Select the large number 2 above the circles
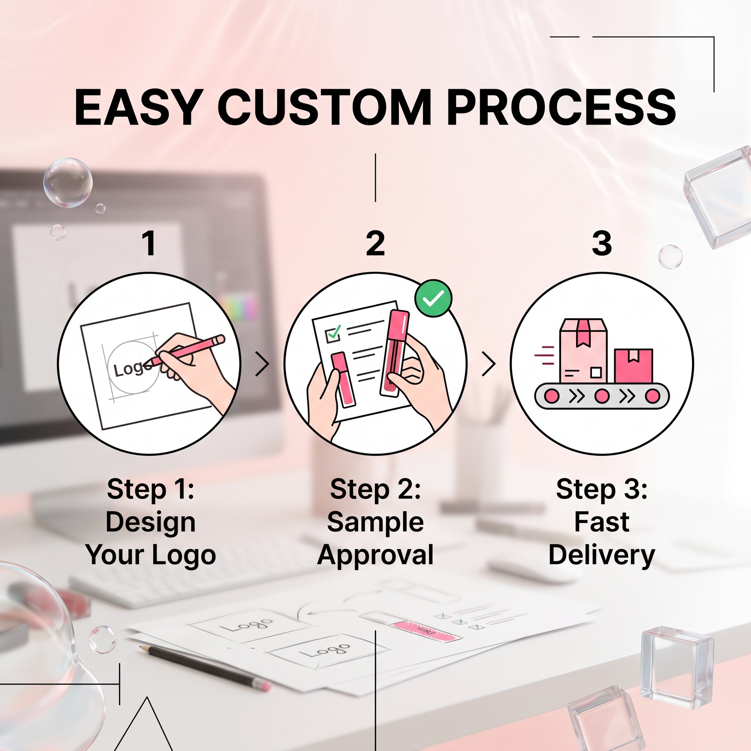[x=375, y=243]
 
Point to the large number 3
[x=602, y=243]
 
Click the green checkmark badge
[x=433, y=298]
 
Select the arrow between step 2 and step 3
[x=489, y=364]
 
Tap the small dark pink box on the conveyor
[x=633, y=366]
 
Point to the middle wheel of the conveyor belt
[x=602, y=396]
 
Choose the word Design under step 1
[x=151, y=523]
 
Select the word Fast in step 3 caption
[x=602, y=522]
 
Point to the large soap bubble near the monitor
[x=68, y=183]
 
